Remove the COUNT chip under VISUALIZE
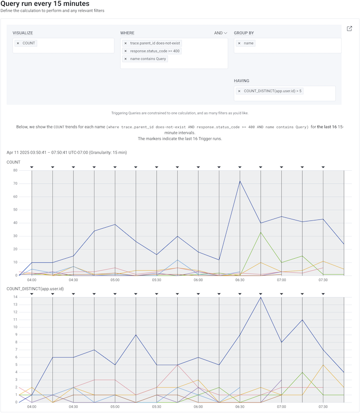[x=18, y=43]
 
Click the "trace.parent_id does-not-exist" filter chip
[x=155, y=43]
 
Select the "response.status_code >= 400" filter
[x=155, y=51]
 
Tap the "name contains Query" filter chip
[x=149, y=58]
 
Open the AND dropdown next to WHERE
[x=221, y=33]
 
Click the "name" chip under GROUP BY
[x=249, y=43]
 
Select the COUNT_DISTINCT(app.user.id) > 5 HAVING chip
[x=272, y=91]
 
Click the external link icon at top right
[x=349, y=29]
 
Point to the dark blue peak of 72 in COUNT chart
[x=240, y=181]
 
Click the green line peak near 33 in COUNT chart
[x=261, y=232]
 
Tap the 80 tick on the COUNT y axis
[x=16, y=170]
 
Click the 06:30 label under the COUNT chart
[x=240, y=280]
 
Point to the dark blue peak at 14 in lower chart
[x=261, y=297]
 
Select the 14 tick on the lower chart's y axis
[x=16, y=297]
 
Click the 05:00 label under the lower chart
[x=115, y=407]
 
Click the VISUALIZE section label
[x=23, y=33]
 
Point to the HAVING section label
[x=241, y=81]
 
